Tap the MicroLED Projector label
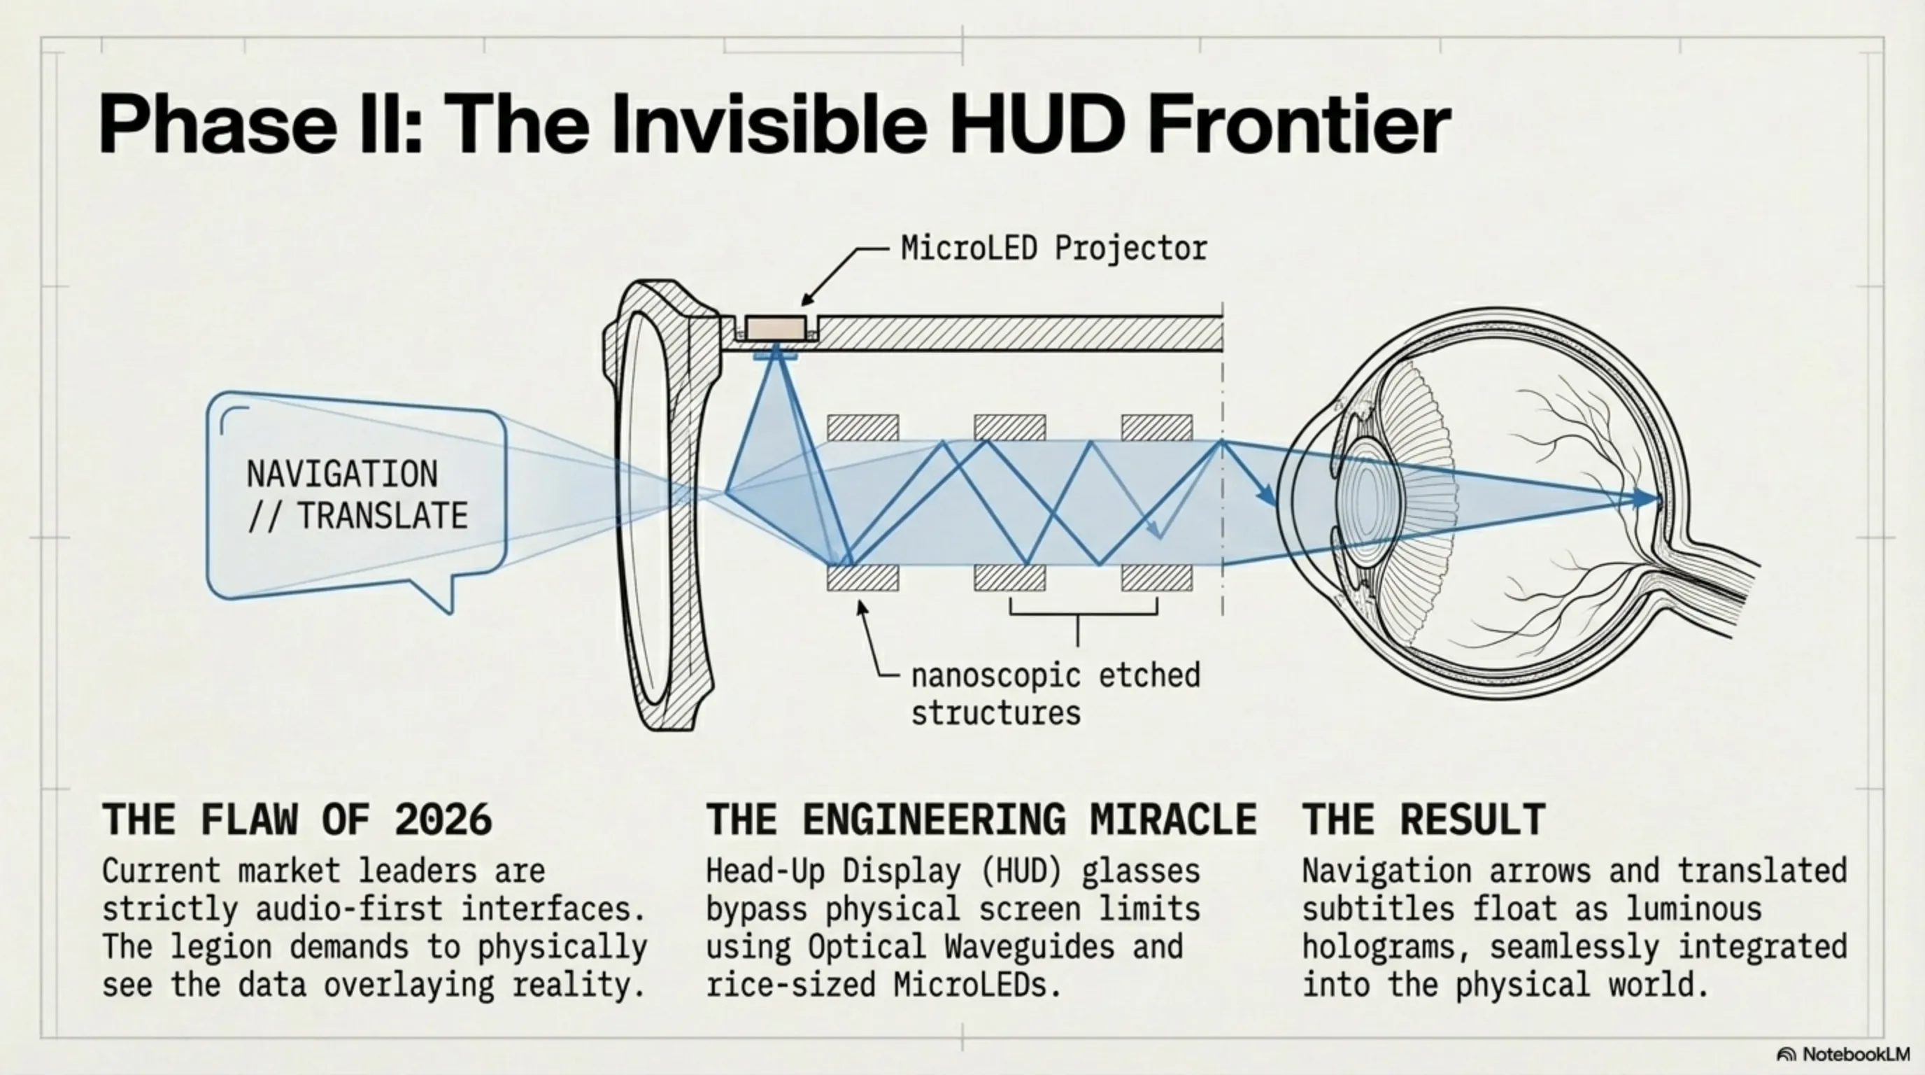pyautogui.click(x=1053, y=248)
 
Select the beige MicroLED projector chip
pyautogui.click(x=776, y=328)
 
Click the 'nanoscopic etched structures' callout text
pyautogui.click(x=1055, y=694)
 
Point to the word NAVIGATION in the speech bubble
pyautogui.click(x=342, y=474)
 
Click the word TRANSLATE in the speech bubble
pyautogui.click(x=383, y=516)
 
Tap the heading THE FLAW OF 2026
pyautogui.click(x=297, y=820)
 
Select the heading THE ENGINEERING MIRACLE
pyautogui.click(x=981, y=820)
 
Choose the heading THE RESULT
pyautogui.click(x=1424, y=820)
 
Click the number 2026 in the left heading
pyautogui.click(x=444, y=820)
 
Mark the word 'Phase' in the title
pyautogui.click(x=218, y=124)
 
